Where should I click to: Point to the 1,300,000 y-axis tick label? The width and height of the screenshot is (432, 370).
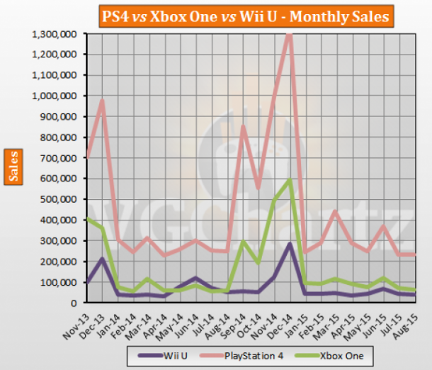click(x=55, y=33)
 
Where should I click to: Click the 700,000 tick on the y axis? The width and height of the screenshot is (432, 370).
click(x=61, y=157)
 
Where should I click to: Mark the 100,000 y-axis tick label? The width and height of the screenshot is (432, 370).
click(x=61, y=282)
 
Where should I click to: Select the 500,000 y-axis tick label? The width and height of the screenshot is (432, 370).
click(x=61, y=199)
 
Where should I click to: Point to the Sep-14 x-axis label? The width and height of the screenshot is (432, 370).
click(x=230, y=320)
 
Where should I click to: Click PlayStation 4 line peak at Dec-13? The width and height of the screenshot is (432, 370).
click(x=103, y=101)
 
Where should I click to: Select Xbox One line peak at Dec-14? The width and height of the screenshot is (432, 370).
click(x=289, y=180)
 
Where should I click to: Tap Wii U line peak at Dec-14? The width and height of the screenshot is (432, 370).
click(x=289, y=244)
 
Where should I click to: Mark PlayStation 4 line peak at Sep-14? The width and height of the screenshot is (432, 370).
click(x=242, y=127)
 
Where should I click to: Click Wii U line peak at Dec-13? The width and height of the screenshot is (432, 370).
click(x=103, y=259)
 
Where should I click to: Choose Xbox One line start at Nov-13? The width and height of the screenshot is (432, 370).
click(x=87, y=218)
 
